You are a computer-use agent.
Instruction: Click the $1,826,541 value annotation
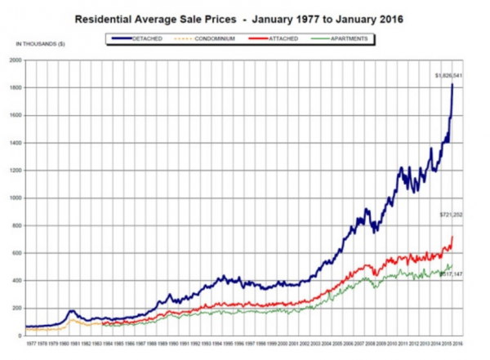click(x=449, y=75)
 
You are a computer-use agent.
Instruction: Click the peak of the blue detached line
click(x=452, y=84)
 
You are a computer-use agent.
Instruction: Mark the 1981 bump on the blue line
click(x=72, y=311)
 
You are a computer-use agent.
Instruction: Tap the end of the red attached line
click(x=452, y=237)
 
